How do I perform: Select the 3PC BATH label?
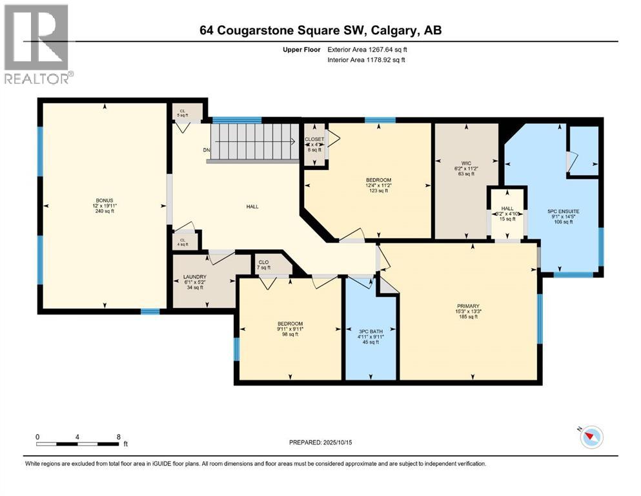pyautogui.click(x=371, y=331)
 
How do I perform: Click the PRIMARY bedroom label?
pyautogui.click(x=468, y=306)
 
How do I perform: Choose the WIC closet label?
pyautogui.click(x=465, y=163)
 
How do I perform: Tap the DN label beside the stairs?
pyautogui.click(x=207, y=150)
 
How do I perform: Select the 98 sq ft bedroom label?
pyautogui.click(x=289, y=324)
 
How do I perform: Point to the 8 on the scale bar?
pyautogui.click(x=118, y=437)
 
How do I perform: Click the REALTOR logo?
pyautogui.click(x=37, y=44)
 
